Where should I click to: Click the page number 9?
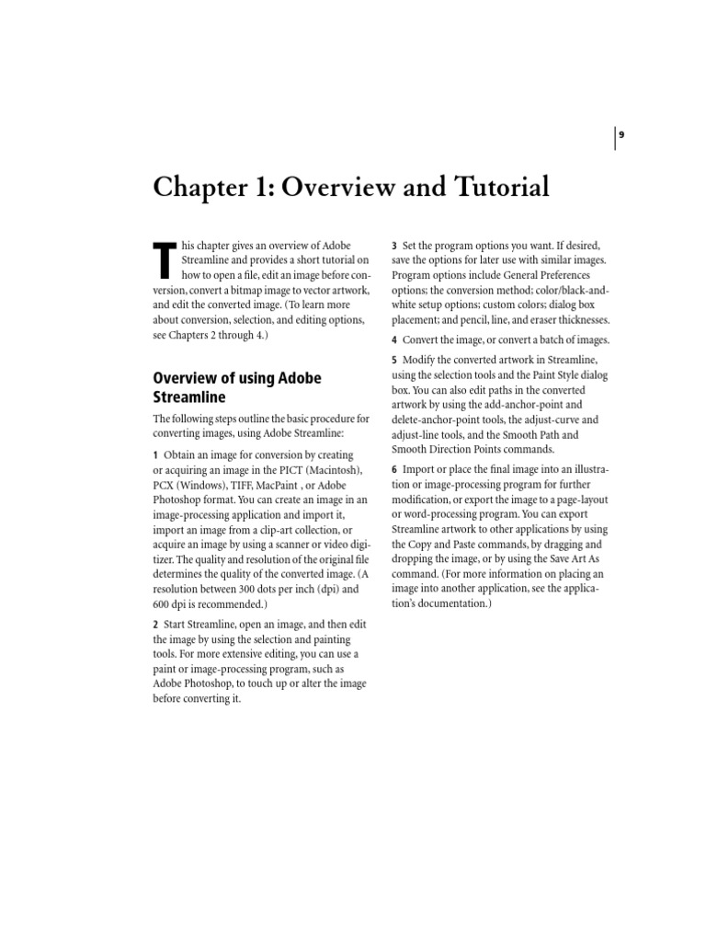point(621,135)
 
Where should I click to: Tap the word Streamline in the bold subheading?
point(189,396)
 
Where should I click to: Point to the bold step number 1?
point(155,455)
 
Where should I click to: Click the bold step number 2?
point(155,625)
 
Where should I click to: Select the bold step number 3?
point(393,246)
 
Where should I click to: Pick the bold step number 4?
point(393,340)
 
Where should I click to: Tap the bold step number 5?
point(393,360)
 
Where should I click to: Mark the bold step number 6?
point(393,470)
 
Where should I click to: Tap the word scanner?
point(279,544)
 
